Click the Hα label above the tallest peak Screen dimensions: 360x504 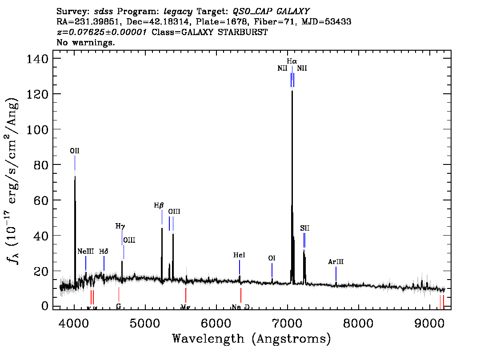(292, 61)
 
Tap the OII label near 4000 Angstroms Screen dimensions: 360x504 (75, 151)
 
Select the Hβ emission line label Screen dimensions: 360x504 (159, 205)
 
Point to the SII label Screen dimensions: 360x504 (304, 228)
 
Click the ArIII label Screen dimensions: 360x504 (336, 262)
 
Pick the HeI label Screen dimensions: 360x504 (239, 255)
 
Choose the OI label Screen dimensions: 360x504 (272, 258)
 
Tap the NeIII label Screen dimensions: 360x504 (85, 251)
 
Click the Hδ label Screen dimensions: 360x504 (104, 251)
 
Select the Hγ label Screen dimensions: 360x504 (120, 226)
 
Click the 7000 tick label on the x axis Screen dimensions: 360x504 (288, 322)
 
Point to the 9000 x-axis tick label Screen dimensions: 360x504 (430, 322)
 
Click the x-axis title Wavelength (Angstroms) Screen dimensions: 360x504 (252, 339)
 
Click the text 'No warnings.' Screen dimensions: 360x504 (86, 43)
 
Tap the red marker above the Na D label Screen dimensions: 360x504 (240, 295)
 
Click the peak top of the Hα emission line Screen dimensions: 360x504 (292, 91)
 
